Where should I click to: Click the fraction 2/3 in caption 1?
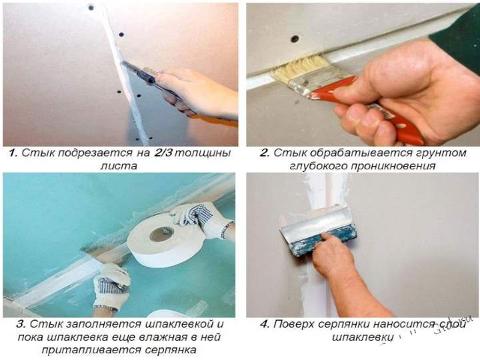pos(163,153)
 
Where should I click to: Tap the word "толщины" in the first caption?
pos(203,153)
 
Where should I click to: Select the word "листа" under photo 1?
pos(119,166)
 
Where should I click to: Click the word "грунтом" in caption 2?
pos(441,153)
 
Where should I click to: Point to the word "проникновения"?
pos(393,166)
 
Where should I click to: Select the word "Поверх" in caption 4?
pos(293,324)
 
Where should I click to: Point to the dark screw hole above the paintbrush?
pos(295,39)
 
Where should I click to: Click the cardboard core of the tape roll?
pos(161,234)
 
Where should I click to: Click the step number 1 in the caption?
pos(13,153)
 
